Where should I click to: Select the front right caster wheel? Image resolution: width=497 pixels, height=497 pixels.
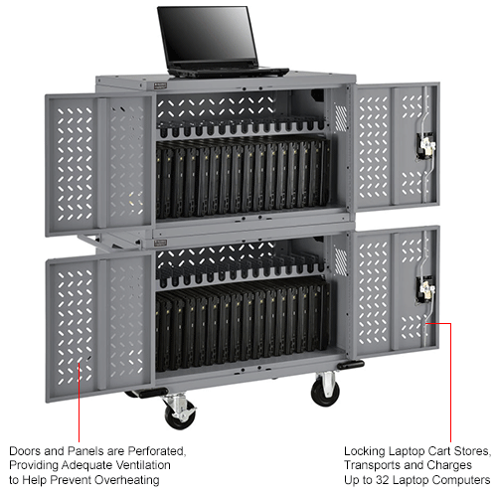coord(325,391)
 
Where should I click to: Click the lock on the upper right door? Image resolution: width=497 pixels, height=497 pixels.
coord(426,146)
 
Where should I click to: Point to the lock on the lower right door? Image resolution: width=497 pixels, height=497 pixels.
coord(424,289)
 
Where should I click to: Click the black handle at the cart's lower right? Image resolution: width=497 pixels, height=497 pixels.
coord(349,365)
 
